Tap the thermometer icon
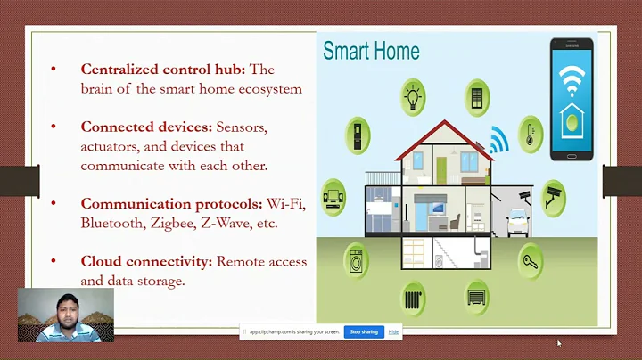[531, 134]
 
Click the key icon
[531, 261]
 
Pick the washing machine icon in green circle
[357, 261]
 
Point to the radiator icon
[412, 297]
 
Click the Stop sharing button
[363, 332]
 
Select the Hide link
[393, 332]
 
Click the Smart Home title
[371, 50]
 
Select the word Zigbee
[172, 223]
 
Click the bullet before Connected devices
[53, 127]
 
